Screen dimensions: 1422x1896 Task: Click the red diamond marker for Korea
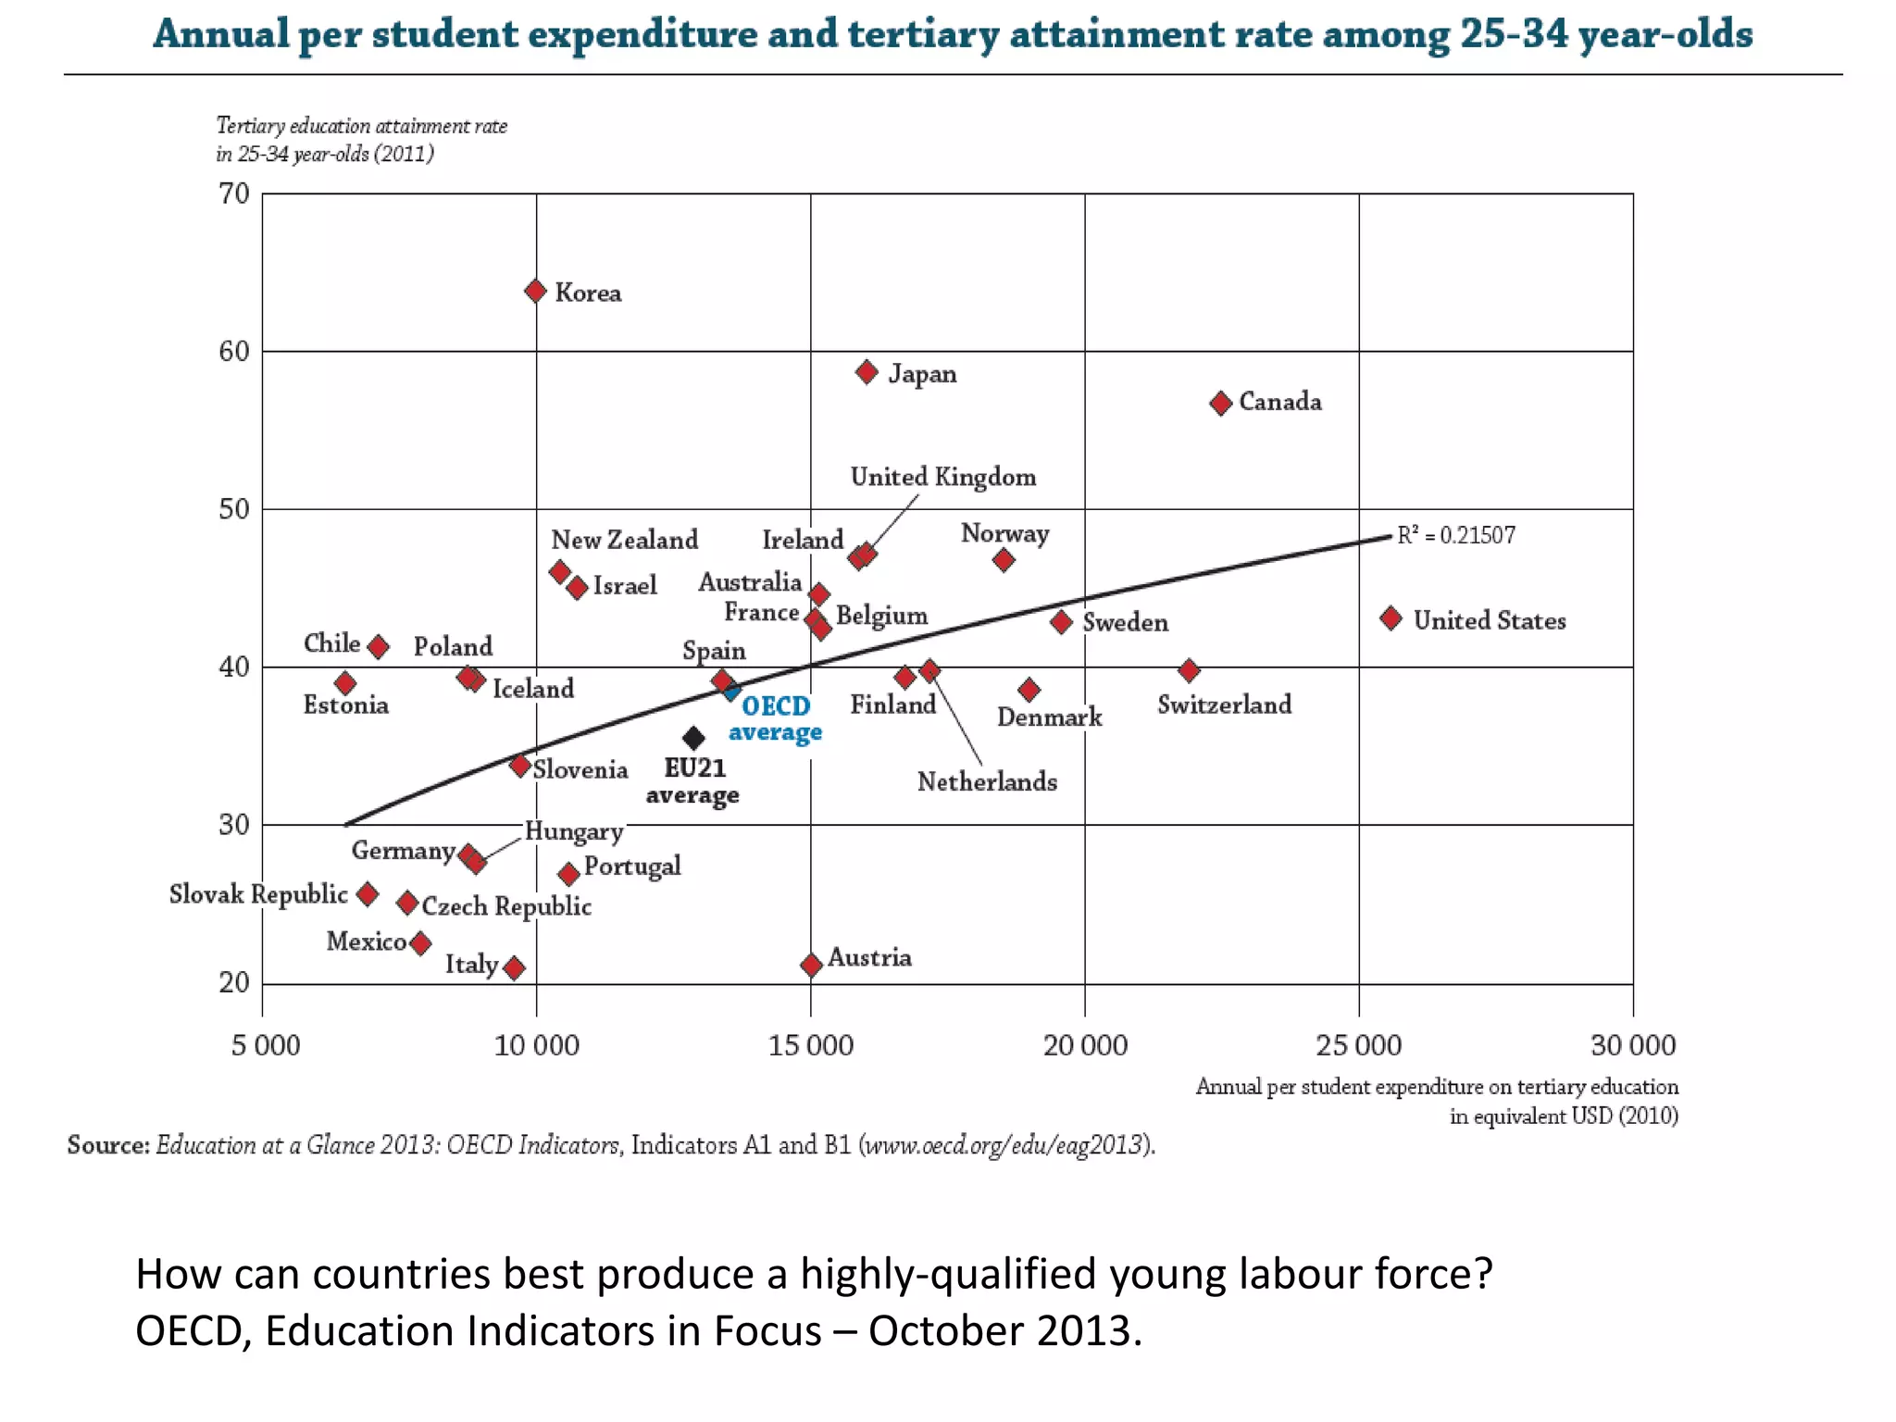(x=535, y=292)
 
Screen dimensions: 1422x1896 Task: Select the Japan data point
(x=867, y=372)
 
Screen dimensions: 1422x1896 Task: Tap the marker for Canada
(x=1221, y=403)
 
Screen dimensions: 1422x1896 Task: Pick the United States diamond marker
(x=1391, y=618)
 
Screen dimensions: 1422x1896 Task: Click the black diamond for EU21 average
(x=693, y=738)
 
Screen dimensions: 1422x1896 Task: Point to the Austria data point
(x=811, y=966)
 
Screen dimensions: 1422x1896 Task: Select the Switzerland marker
(x=1190, y=670)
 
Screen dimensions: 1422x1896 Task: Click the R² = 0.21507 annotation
(x=1456, y=535)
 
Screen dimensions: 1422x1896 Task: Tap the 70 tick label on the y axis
(x=234, y=194)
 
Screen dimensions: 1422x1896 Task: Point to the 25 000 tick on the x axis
(x=1358, y=1045)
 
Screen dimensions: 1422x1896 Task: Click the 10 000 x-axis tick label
(x=536, y=1045)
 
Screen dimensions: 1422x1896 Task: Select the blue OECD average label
(x=776, y=718)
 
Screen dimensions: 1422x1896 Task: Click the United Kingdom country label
(x=942, y=477)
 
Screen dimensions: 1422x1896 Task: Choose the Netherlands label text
(x=987, y=781)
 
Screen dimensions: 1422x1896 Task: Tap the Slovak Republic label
(x=258, y=894)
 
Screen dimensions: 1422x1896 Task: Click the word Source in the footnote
(x=107, y=1145)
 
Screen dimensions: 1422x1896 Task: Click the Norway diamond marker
(x=1004, y=560)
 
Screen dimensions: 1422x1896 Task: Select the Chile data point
(x=378, y=646)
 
